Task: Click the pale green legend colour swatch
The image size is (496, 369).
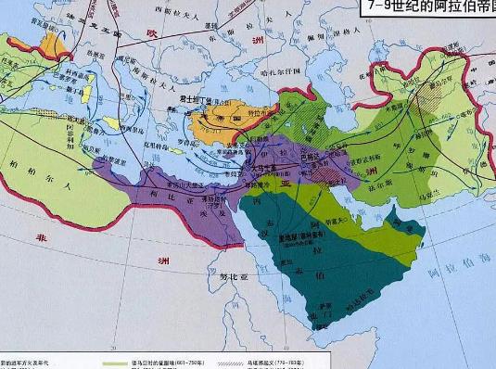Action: [x=119, y=362]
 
